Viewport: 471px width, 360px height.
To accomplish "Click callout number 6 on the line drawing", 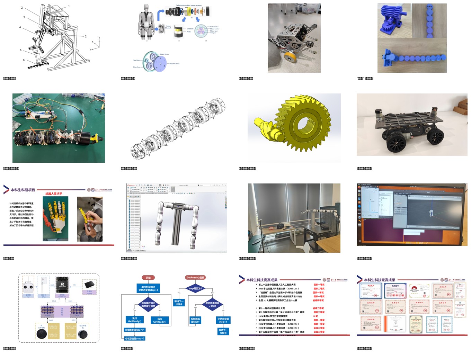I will [24, 60].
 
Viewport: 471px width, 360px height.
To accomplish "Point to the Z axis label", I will [99, 38].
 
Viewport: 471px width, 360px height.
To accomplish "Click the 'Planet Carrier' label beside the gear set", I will [174, 64].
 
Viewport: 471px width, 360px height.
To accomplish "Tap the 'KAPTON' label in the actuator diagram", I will [190, 29].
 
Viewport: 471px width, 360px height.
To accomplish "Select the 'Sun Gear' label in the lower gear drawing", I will [136, 60].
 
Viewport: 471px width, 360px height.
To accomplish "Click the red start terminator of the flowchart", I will [148, 278].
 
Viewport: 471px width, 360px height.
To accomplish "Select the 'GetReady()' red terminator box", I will [195, 278].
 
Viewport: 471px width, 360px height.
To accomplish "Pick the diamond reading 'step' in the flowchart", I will [195, 288].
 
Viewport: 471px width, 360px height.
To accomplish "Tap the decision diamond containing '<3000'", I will [212, 305].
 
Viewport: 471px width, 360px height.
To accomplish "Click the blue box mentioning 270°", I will [135, 330].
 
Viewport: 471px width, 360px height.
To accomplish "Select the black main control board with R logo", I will [62, 284].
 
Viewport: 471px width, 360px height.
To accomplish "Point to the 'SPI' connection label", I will [74, 285].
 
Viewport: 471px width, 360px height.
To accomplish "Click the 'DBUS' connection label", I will [53, 285].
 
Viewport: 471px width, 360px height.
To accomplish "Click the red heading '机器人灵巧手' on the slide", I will [54, 194].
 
